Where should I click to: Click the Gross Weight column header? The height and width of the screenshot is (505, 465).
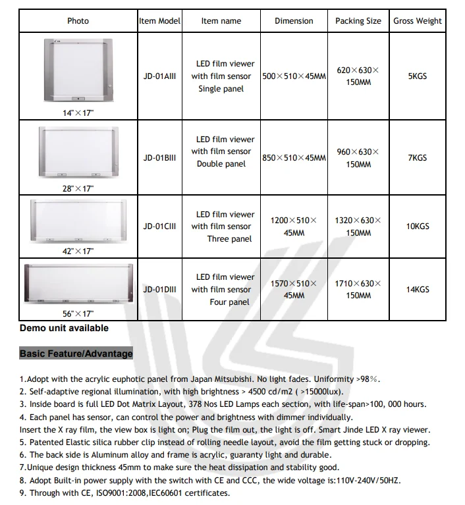(x=418, y=21)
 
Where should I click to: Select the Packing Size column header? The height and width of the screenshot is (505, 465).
(x=358, y=21)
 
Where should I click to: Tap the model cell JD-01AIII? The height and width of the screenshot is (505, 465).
(x=159, y=76)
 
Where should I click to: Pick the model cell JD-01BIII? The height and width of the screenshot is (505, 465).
(x=159, y=158)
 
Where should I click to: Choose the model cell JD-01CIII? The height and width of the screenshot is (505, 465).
(x=159, y=226)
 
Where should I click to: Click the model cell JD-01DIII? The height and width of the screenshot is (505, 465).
(x=159, y=289)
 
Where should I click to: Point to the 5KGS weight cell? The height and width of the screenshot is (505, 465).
(x=418, y=76)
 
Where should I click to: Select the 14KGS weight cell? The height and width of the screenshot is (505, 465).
(x=418, y=289)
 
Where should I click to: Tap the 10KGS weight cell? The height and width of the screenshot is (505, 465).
(x=418, y=226)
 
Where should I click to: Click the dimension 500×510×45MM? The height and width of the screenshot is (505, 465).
(x=294, y=76)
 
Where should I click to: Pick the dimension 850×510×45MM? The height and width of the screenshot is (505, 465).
(x=294, y=158)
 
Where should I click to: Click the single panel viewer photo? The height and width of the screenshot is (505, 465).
(x=78, y=70)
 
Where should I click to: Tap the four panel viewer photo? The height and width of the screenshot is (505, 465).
(x=78, y=284)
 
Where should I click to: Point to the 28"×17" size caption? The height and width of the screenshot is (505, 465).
(x=78, y=189)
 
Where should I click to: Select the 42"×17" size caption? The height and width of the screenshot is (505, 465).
(x=78, y=251)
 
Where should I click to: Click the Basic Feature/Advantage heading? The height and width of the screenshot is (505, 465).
(x=76, y=354)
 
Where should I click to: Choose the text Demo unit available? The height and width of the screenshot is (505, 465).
(x=64, y=328)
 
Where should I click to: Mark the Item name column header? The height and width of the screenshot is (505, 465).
(x=221, y=21)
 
